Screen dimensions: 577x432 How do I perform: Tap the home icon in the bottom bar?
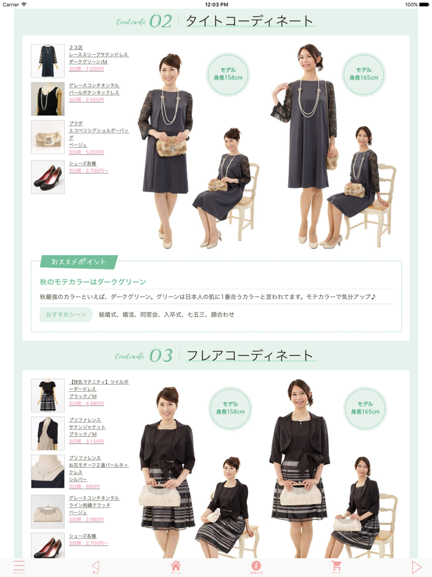point(176,566)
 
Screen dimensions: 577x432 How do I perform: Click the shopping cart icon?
point(336,566)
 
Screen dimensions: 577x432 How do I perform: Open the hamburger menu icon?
point(19,566)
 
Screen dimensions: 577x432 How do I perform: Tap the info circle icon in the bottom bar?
point(256,566)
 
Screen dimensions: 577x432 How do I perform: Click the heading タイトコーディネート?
point(250,21)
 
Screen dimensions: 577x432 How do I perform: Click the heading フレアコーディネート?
point(250,356)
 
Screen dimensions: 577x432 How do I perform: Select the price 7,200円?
point(86,69)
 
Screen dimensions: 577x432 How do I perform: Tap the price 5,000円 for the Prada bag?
point(86,152)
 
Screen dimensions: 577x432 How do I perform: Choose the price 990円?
point(84,487)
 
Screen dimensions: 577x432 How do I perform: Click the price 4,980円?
point(86,403)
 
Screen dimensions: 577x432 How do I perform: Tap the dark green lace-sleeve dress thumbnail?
point(48,61)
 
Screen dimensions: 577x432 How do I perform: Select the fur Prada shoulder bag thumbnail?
point(48,137)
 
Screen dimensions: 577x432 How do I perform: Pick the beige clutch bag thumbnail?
point(48,511)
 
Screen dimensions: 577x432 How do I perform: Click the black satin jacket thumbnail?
point(48,433)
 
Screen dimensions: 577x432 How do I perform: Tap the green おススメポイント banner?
point(78,262)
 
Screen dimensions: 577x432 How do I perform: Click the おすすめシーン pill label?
point(66,314)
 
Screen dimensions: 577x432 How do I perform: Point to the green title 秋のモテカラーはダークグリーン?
point(93,282)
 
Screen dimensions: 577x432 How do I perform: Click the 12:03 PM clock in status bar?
point(216,4)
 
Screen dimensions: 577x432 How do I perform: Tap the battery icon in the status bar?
point(424,4)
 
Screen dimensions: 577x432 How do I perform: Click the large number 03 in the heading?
point(161,356)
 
